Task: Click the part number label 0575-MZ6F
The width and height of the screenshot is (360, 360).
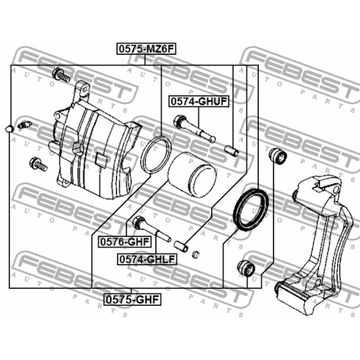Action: point(145,49)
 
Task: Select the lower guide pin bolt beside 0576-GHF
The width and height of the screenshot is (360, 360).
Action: point(151,230)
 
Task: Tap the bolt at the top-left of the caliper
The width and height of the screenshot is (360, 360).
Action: point(61,76)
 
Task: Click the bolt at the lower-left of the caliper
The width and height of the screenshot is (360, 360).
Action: point(39,164)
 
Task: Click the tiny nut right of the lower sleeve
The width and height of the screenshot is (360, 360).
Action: point(195,255)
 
